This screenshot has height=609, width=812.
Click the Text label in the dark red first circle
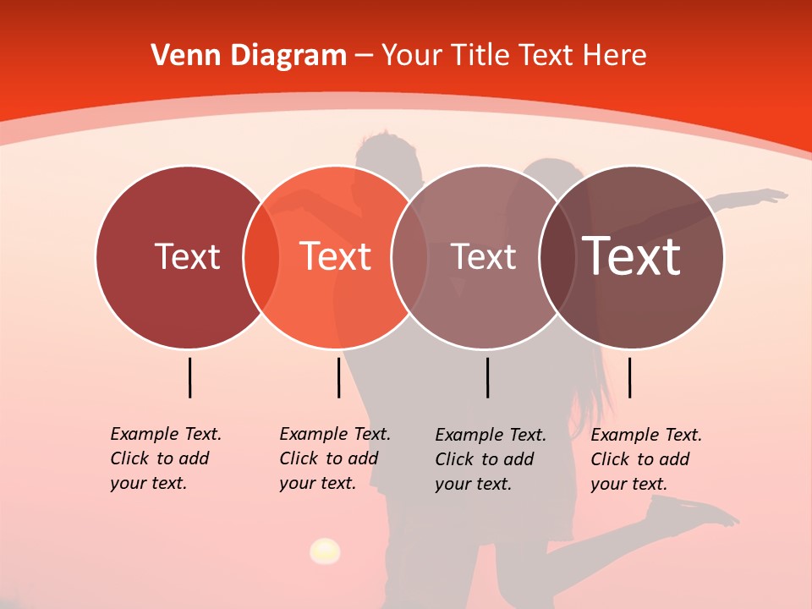(187, 256)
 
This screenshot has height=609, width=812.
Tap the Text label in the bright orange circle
(335, 256)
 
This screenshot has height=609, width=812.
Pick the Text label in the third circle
(483, 256)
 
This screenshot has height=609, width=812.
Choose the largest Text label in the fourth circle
(632, 256)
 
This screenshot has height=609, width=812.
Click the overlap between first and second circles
(261, 257)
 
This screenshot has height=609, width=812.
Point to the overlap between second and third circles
(409, 257)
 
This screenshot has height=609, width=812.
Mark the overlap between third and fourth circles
(557, 257)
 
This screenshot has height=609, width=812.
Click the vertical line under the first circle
(189, 377)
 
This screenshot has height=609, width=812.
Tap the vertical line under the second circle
(338, 377)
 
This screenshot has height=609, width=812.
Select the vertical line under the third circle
(487, 377)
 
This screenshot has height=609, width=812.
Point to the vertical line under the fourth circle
(629, 377)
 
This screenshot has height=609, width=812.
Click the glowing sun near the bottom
(325, 551)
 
